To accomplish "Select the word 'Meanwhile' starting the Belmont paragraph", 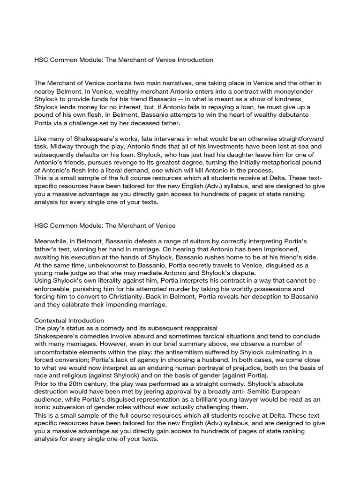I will coord(51,240).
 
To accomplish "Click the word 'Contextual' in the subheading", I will coord(50,320).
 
